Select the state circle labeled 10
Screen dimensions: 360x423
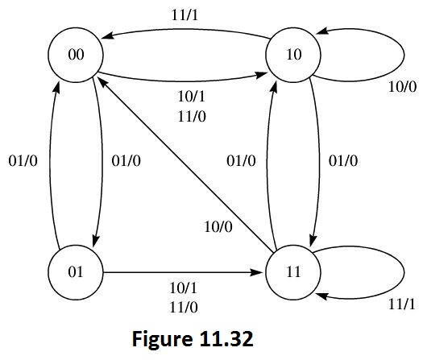click(294, 55)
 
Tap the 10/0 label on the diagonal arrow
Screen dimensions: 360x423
click(218, 227)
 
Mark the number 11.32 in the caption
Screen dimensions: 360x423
click(229, 338)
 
